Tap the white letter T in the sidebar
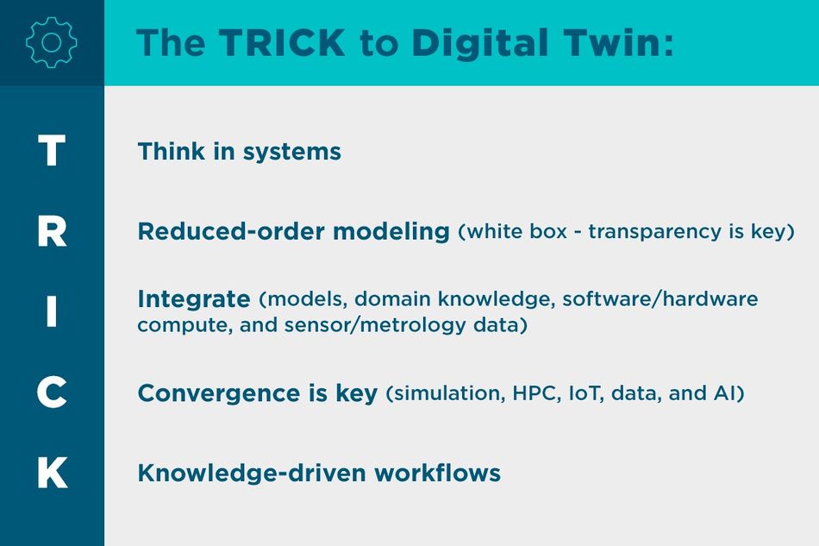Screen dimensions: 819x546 (52, 150)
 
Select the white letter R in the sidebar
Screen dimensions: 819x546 (52, 231)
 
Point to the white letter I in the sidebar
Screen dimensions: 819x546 (51, 311)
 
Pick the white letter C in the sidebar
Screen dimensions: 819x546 (52, 392)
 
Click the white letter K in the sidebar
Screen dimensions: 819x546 (53, 473)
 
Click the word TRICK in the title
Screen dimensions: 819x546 (282, 42)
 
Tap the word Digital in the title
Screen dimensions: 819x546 (479, 44)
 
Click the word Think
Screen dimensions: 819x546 (172, 152)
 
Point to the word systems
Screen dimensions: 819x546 (292, 153)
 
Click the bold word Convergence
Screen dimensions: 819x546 (219, 394)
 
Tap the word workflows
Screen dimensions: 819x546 (438, 473)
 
